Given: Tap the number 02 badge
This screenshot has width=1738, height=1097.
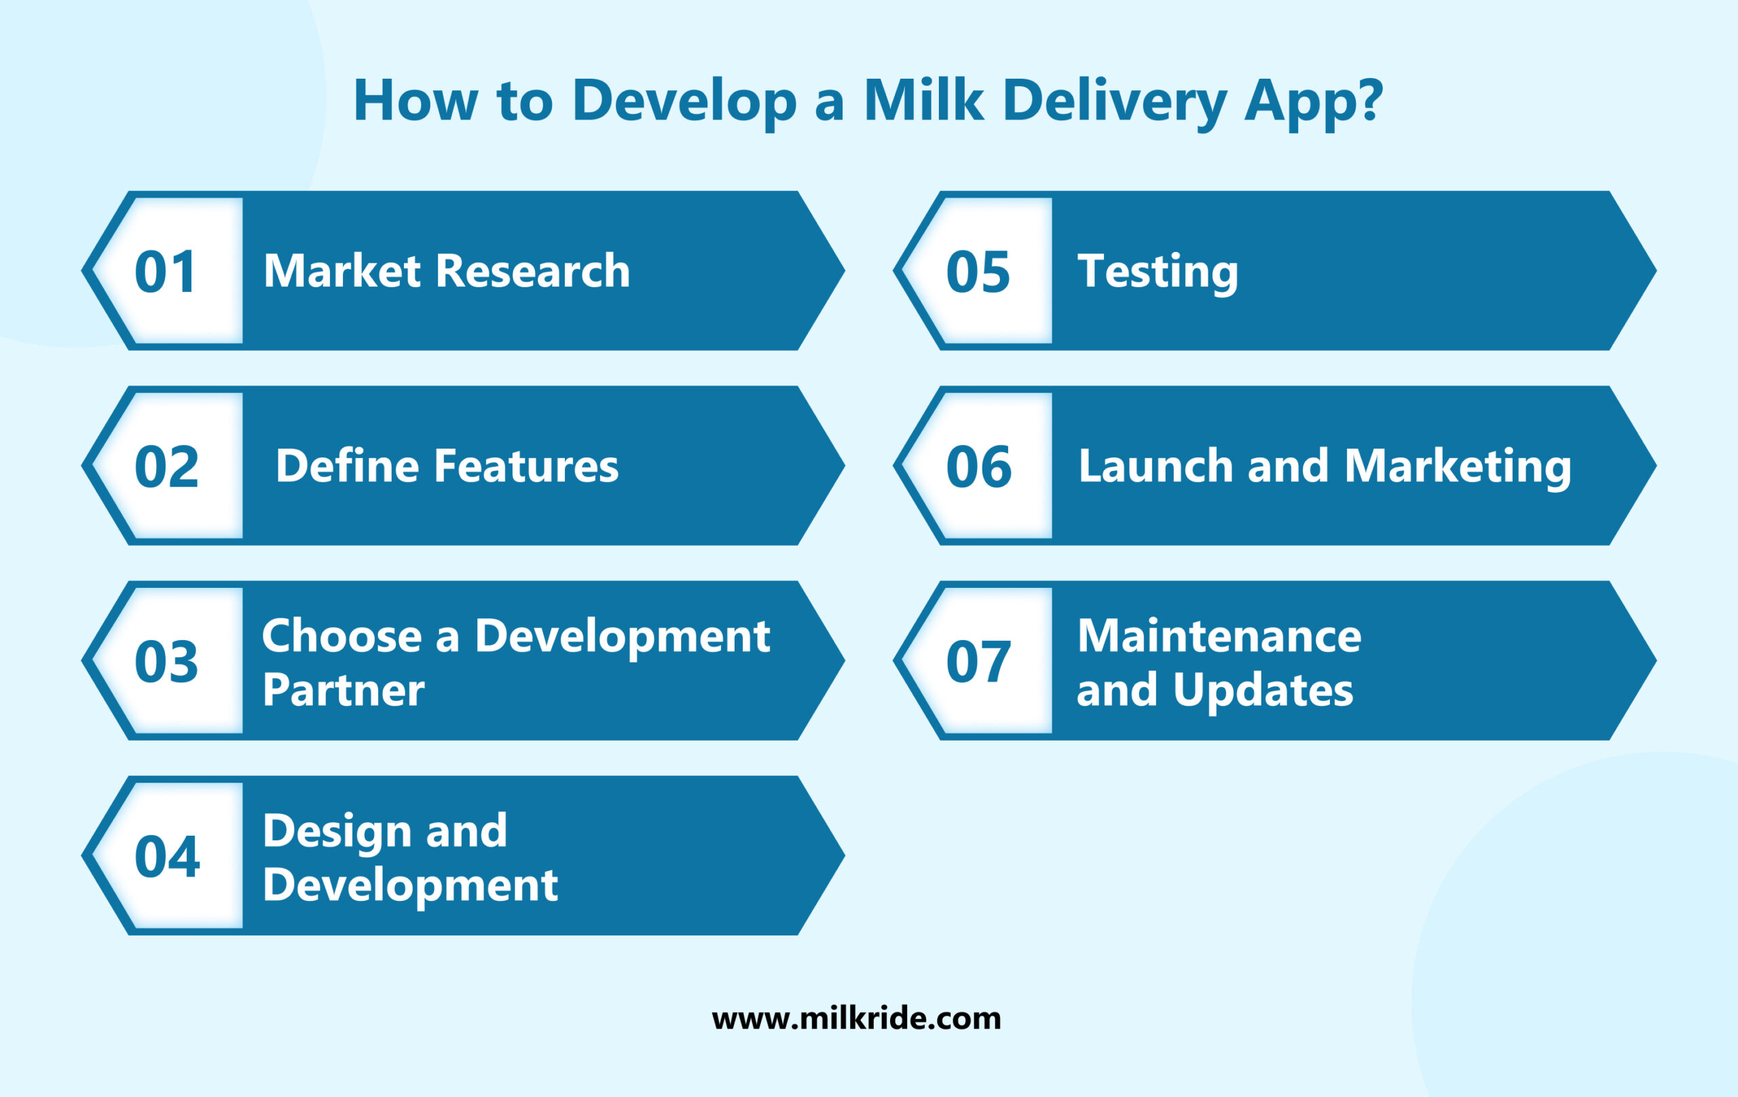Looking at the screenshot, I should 166,466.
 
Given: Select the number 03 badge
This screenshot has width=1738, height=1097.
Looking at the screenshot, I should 166,661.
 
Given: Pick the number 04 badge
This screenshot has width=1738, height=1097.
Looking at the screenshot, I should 167,856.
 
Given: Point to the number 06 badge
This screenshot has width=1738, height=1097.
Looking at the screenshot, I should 978,466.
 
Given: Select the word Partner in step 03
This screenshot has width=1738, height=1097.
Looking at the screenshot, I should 344,689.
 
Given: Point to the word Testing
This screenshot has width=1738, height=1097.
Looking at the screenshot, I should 1157,273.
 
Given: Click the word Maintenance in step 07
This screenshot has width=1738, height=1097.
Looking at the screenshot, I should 1219,636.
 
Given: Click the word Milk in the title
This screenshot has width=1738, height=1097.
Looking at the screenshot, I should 923,100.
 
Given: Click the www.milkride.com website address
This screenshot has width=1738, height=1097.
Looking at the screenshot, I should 856,1018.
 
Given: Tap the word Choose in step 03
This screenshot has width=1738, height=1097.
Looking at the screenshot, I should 341,636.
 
